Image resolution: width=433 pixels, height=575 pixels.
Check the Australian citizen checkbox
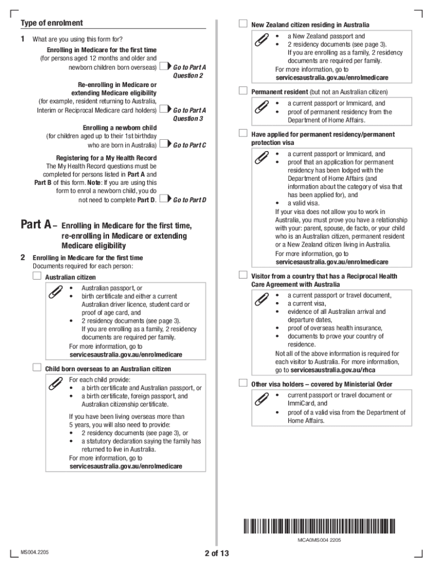click(37, 276)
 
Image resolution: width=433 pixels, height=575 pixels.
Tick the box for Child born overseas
click(37, 368)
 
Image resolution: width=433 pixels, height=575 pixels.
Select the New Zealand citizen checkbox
click(243, 24)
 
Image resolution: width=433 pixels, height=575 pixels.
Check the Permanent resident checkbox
click(243, 91)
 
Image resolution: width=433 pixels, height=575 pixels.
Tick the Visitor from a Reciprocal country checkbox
click(243, 275)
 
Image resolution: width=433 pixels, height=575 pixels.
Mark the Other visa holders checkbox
click(243, 384)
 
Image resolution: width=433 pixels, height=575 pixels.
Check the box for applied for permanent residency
click(243, 134)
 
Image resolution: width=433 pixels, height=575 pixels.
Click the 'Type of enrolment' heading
click(52, 23)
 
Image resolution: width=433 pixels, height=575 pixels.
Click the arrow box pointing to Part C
click(165, 145)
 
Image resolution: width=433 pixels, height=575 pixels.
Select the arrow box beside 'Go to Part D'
click(165, 199)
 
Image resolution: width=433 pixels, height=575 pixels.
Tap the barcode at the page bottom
click(319, 527)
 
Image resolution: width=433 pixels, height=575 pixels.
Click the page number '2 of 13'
click(217, 554)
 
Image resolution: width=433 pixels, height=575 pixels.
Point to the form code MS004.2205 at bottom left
click(35, 553)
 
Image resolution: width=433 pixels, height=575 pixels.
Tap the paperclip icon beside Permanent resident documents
click(261, 108)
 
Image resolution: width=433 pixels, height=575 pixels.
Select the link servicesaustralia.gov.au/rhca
click(333, 370)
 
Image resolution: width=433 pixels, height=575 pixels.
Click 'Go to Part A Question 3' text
click(190, 115)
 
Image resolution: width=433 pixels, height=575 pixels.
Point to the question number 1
click(23, 39)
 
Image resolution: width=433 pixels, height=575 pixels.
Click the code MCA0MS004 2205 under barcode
click(319, 540)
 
